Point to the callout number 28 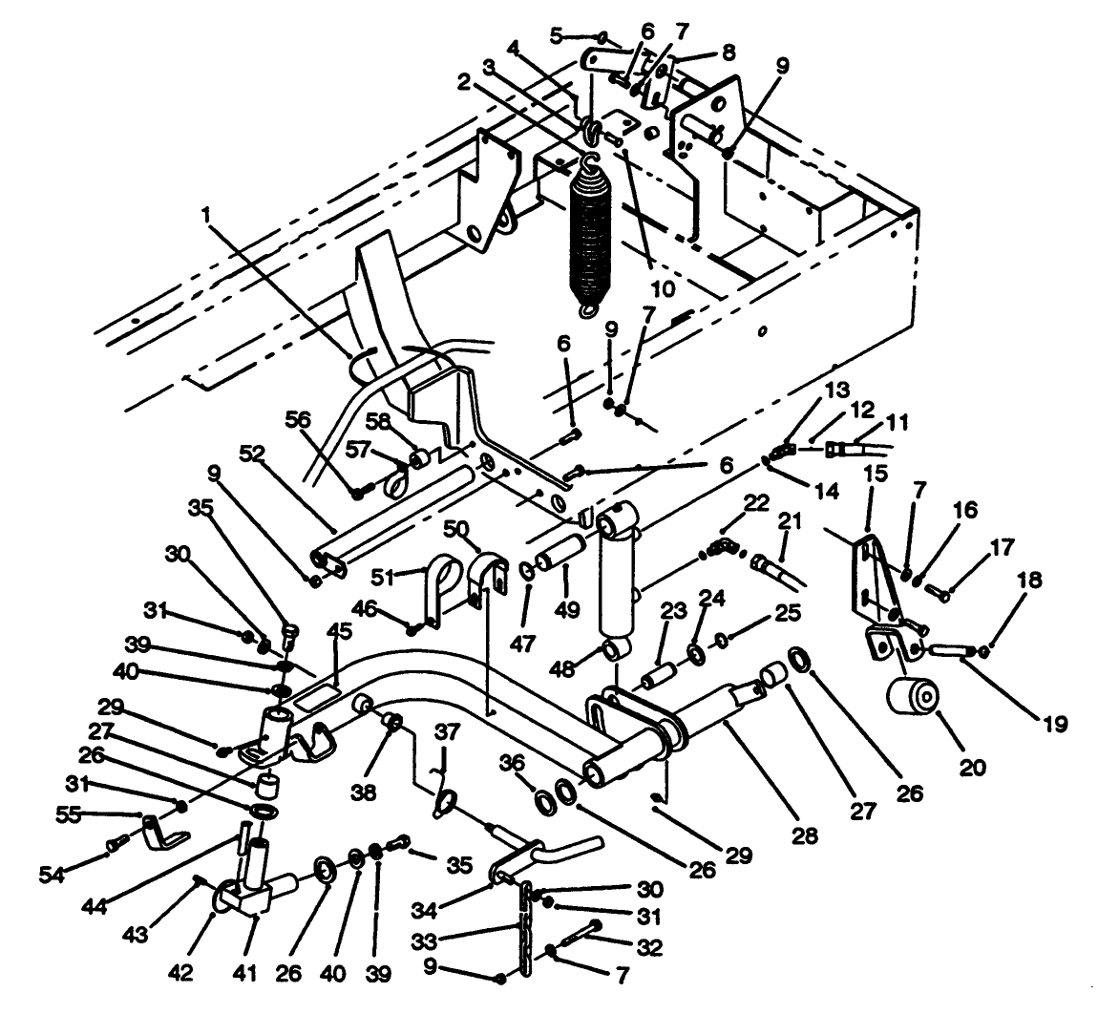click(x=805, y=836)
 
